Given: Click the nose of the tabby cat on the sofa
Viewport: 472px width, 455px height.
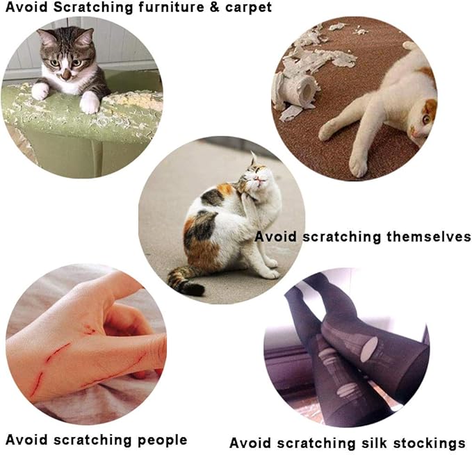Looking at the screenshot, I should pos(65,72).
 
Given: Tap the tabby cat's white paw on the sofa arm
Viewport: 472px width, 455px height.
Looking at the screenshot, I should pos(90,103).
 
